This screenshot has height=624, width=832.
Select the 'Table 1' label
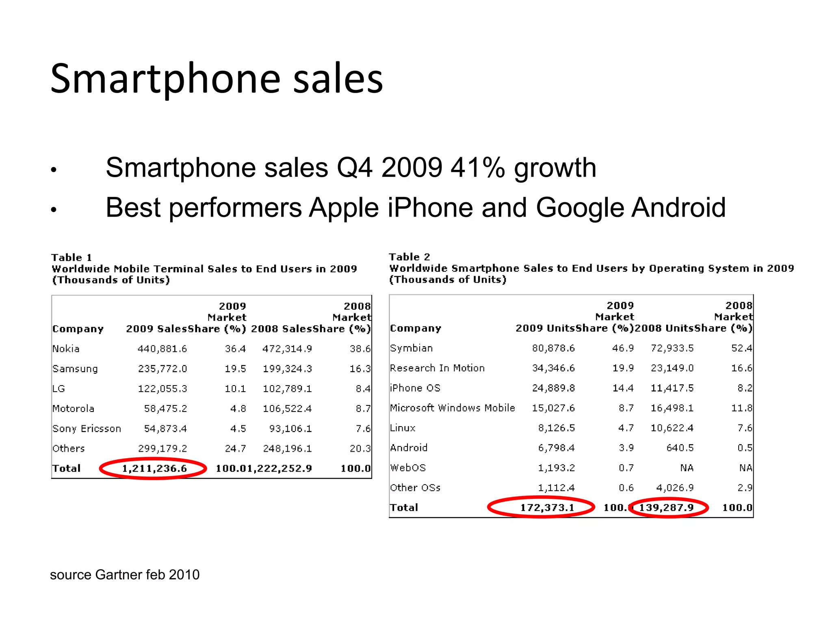[x=71, y=258]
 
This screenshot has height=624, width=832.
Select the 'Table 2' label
[x=409, y=257]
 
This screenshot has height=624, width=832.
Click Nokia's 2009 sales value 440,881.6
[x=162, y=349]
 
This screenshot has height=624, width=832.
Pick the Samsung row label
[x=75, y=369]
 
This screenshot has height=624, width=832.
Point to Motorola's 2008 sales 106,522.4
[x=287, y=409]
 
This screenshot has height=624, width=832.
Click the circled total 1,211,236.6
[x=154, y=468]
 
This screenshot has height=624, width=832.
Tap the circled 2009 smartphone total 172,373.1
[x=547, y=507]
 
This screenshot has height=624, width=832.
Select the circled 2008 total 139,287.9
[x=666, y=507]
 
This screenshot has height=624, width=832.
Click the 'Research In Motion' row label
[x=437, y=368]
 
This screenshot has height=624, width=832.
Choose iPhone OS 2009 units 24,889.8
[x=553, y=388]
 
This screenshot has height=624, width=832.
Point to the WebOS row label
[x=408, y=468]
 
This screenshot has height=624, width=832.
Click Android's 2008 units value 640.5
[x=680, y=448]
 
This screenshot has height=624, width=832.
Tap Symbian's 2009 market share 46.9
[x=623, y=348]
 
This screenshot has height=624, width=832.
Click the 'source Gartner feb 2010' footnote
[x=125, y=575]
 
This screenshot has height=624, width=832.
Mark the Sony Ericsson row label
[x=87, y=429]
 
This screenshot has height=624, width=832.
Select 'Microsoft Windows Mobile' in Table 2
[x=452, y=408]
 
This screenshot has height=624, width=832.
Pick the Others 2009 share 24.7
[x=235, y=448]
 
